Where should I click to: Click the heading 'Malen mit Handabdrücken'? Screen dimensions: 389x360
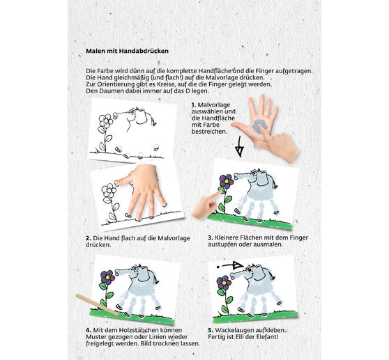point(128,51)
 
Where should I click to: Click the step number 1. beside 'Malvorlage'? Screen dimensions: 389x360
point(194,105)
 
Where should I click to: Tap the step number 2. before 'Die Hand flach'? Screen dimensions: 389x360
point(89,238)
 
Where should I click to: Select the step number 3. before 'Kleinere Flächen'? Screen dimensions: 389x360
point(211,237)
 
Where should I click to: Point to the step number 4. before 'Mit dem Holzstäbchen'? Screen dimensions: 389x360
point(89,330)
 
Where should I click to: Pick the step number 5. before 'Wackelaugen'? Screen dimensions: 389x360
point(211,330)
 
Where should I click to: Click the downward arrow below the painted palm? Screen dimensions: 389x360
point(239,146)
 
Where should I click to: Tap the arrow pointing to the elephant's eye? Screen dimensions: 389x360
point(229,266)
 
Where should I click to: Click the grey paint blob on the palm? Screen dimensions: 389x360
point(260,126)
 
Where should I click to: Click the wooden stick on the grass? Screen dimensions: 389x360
point(97,304)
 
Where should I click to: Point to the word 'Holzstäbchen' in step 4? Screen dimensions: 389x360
point(138,330)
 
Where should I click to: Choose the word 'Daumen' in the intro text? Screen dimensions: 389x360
point(109,91)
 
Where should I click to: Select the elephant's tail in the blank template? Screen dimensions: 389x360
point(152,118)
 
